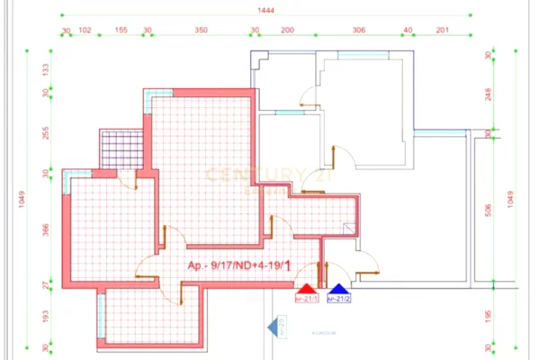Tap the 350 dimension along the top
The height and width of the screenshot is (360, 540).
[x=201, y=31]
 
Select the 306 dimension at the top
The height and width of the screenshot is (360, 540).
[x=359, y=31]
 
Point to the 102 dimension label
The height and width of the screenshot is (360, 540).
[x=85, y=31]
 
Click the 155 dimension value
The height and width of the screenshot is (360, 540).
[x=121, y=31]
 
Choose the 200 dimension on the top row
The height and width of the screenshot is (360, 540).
[x=287, y=31]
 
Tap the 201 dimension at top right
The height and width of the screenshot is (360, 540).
[x=441, y=31]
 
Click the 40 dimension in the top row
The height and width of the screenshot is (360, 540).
[x=408, y=31]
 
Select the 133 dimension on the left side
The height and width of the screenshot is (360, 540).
[x=47, y=70]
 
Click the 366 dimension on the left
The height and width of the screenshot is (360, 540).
[x=47, y=229]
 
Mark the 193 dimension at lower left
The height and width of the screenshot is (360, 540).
[x=47, y=317]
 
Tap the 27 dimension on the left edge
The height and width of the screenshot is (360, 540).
[x=47, y=284]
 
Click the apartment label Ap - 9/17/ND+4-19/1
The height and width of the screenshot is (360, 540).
[x=238, y=265]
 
